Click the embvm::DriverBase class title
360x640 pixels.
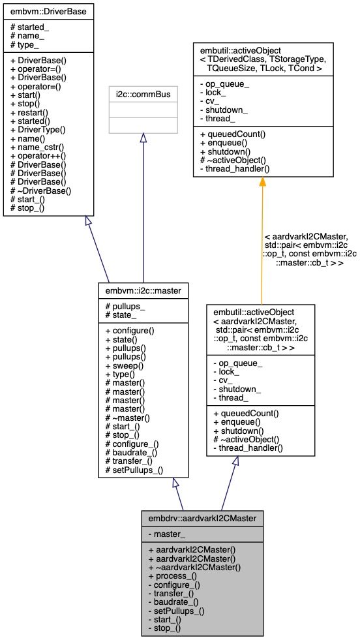tap(49, 11)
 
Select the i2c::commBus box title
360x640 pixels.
tap(143, 95)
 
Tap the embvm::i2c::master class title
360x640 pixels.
tap(143, 288)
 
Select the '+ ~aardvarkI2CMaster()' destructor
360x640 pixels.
tap(194, 568)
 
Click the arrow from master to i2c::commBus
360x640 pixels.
tap(143, 209)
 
